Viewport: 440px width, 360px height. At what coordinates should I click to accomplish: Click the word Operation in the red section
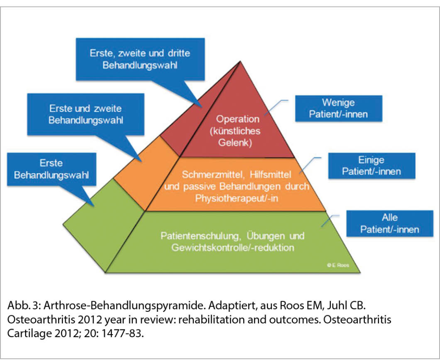[238, 119]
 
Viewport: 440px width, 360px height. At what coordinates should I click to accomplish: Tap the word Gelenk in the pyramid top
[238, 142]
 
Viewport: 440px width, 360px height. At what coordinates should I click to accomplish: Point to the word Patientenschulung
[197, 236]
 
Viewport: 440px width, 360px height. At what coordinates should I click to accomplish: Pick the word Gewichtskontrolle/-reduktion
[232, 248]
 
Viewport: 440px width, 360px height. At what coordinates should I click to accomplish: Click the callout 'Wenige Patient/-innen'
[339, 108]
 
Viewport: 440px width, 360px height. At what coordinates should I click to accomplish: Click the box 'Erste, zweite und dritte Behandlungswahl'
[140, 59]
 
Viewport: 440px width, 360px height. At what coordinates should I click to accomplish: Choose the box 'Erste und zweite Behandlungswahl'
[86, 114]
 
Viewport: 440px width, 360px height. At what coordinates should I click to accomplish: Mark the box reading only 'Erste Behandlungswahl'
[51, 169]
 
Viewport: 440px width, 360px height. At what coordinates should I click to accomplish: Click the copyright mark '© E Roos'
[338, 266]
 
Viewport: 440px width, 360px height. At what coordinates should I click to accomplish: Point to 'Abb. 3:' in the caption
[20, 306]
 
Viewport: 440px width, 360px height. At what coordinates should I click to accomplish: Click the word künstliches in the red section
[238, 131]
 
